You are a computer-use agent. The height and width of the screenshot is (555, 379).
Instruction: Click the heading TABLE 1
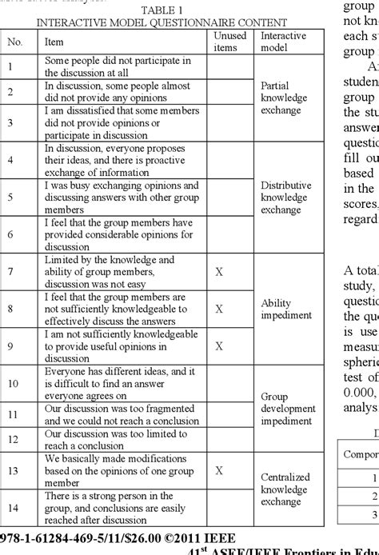[161, 10]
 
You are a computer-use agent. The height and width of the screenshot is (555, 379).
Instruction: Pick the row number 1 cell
[10, 67]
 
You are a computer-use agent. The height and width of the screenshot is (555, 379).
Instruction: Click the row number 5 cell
[10, 196]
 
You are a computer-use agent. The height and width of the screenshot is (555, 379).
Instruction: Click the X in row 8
[218, 308]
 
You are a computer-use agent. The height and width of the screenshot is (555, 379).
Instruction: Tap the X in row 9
[218, 345]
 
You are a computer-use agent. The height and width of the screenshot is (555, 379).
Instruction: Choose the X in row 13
[218, 470]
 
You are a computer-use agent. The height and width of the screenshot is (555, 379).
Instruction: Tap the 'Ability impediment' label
[285, 309]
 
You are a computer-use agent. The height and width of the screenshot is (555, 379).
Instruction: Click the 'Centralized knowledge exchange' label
[285, 489]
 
